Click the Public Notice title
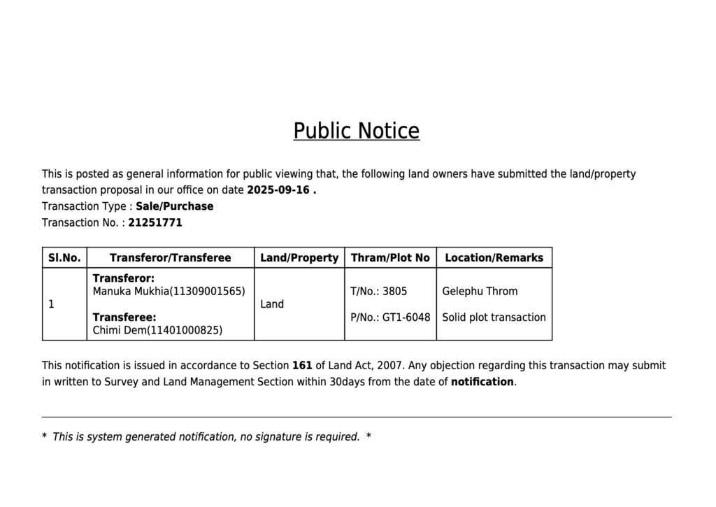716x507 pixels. tap(356, 131)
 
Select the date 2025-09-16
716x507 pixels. tap(278, 190)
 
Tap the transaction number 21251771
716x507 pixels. tap(155, 222)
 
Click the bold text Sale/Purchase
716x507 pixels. tap(174, 206)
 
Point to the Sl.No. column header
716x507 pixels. tap(64, 257)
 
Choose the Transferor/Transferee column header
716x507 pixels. tap(170, 257)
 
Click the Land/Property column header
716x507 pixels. tap(299, 257)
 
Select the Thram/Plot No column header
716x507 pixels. tap(390, 257)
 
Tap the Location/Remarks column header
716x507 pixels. tap(494, 257)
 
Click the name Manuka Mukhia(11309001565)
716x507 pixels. tap(169, 291)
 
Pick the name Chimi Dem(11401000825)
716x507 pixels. tap(157, 330)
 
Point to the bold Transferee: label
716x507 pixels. tap(124, 317)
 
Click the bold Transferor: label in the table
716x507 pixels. tap(124, 278)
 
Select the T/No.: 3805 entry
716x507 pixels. tap(378, 291)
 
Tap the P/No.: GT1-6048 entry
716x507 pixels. tap(390, 317)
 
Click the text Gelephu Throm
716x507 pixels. tap(480, 291)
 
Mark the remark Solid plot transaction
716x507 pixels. tap(494, 317)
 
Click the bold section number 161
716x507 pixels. tap(302, 365)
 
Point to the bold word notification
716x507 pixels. tap(482, 382)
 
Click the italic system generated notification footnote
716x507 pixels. tap(206, 437)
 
